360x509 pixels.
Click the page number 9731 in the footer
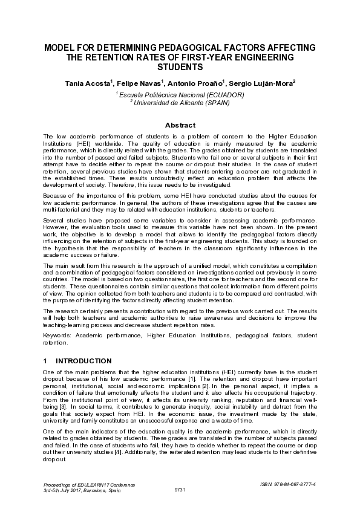pos(180,489)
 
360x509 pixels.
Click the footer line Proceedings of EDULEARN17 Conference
pos(90,484)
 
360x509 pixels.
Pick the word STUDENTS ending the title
pos(180,67)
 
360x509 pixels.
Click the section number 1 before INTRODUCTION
pos(45,361)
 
